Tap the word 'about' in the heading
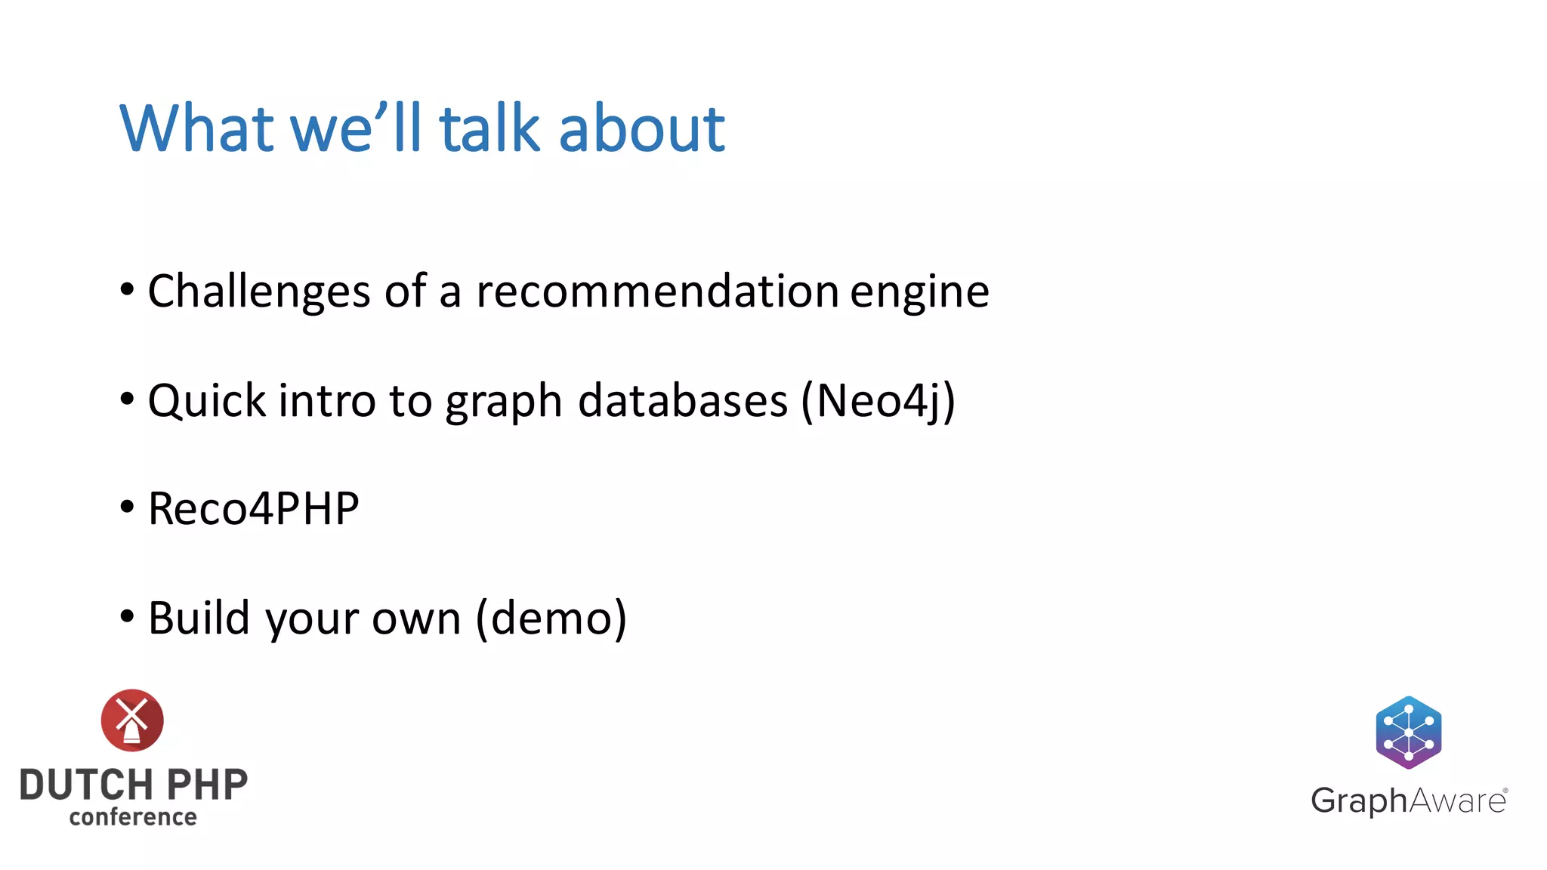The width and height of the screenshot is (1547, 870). tap(641, 128)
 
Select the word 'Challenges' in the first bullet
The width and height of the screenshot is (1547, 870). tap(259, 292)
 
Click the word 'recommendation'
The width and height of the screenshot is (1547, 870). tap(657, 292)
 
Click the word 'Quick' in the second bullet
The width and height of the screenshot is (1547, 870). tap(206, 400)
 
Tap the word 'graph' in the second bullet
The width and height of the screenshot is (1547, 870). tap(503, 402)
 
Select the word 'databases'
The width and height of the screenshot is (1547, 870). tap(683, 400)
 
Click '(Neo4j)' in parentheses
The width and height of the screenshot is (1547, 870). tap(878, 400)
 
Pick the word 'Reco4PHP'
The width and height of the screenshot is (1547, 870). tap(253, 508)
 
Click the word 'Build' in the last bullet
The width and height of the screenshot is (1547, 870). tap(199, 618)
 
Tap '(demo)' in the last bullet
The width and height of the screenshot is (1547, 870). tap(551, 618)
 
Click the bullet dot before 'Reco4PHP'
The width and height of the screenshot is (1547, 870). tap(127, 507)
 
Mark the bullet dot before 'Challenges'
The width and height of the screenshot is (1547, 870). tap(127, 289)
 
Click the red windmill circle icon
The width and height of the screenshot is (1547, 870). tap(132, 720)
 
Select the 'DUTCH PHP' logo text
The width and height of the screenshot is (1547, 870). tap(134, 785)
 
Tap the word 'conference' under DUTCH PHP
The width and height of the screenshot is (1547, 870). tap(133, 817)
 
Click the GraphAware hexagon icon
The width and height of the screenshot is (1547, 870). tap(1408, 732)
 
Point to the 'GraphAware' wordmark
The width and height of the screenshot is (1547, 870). tap(1409, 801)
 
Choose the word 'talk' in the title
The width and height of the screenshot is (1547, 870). tap(489, 128)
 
